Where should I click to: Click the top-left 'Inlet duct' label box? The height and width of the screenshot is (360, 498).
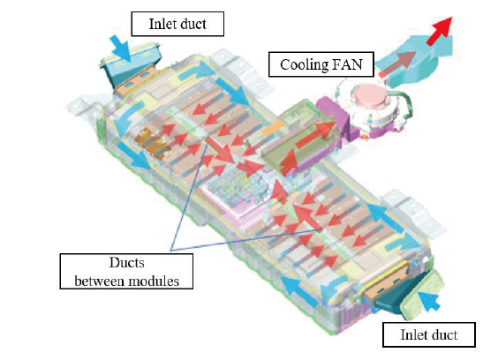(x=177, y=24)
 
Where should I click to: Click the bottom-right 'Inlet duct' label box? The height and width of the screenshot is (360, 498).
(x=429, y=334)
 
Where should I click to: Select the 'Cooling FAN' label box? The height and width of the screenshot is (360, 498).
(x=321, y=64)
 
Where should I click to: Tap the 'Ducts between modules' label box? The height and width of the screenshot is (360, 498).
(x=126, y=272)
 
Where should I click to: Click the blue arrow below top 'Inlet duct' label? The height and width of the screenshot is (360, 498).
(x=120, y=48)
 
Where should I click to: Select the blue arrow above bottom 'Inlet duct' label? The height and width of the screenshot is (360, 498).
(x=429, y=300)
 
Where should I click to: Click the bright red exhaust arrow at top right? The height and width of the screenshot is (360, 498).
(x=439, y=31)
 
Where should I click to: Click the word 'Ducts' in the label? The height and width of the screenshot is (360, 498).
(x=127, y=263)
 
